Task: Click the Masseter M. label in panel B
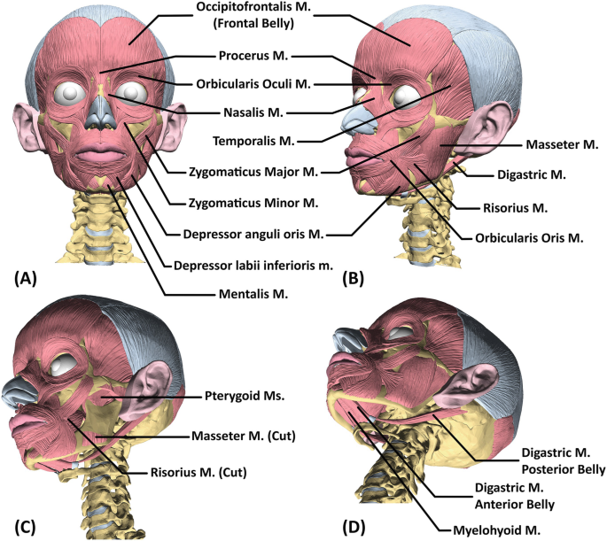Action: (x=563, y=143)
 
